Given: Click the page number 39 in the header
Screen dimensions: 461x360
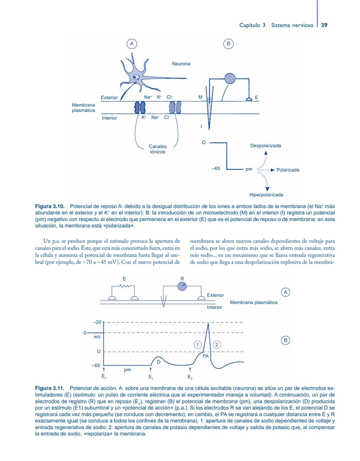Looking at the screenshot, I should point(324,25).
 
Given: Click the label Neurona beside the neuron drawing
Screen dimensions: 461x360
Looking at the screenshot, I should point(181,64).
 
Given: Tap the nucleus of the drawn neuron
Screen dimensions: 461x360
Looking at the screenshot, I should point(137,78).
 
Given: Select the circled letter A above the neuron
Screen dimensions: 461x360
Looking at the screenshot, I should point(132,44).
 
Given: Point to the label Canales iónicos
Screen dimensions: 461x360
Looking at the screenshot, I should point(158,149).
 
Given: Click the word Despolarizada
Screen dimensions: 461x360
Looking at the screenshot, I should point(265,146).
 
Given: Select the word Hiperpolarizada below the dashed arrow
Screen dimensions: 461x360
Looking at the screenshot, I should point(266,195).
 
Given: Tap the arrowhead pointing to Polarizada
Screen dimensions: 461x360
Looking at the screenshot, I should point(272,170).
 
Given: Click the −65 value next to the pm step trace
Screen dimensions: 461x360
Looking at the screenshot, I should point(216,168).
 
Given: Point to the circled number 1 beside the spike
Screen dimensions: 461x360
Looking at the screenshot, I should point(197,345).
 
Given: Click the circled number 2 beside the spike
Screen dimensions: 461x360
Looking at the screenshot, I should point(217,345).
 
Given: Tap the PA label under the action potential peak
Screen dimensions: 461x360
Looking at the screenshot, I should point(206,356).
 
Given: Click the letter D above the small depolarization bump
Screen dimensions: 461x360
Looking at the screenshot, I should point(159,362).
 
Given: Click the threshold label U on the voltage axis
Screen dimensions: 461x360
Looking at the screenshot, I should point(99,351).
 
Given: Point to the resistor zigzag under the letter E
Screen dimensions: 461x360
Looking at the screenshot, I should point(124,286).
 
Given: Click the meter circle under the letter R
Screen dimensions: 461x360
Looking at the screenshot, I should point(182,286).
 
